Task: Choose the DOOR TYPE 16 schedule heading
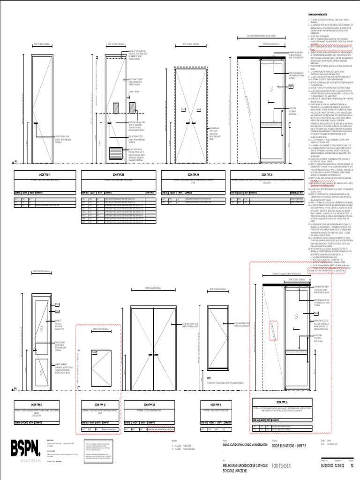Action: tap(282, 402)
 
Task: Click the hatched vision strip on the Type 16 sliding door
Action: tap(270, 330)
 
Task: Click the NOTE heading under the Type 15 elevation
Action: tap(209, 377)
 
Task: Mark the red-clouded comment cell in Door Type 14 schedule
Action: tap(164, 429)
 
